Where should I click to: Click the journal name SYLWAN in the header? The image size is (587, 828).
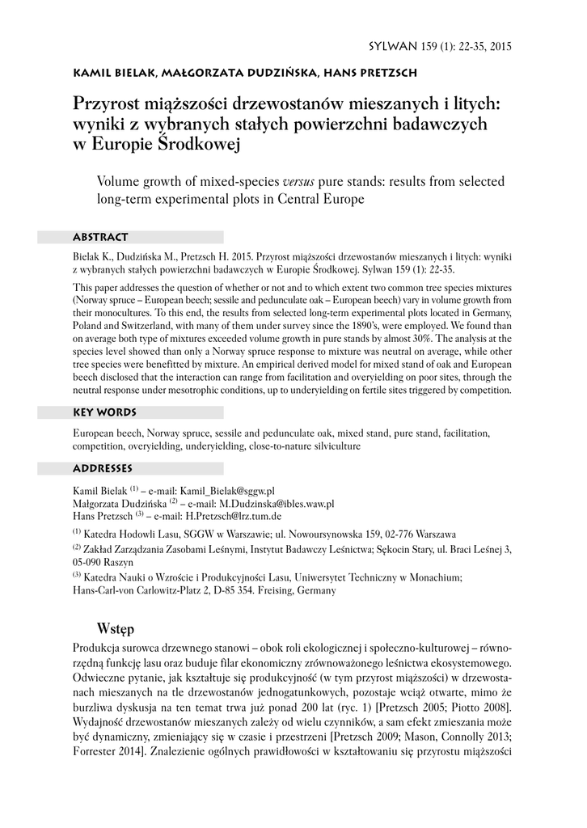coord(393,46)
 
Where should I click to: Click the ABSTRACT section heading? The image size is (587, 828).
coord(100,237)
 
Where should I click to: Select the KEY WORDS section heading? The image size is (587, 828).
coord(105,412)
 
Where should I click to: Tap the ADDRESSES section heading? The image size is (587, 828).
coord(103,468)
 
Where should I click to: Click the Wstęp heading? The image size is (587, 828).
coord(114,627)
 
